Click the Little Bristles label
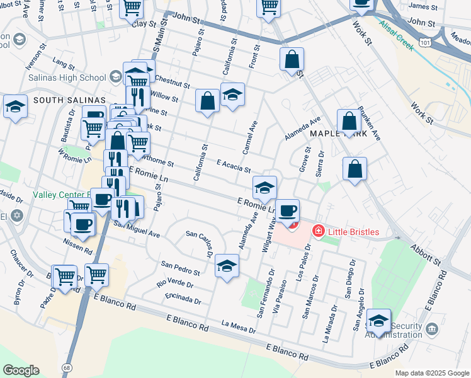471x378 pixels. coord(353,232)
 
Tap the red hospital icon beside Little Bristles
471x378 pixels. coord(318,232)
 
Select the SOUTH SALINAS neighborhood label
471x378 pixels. coord(69,100)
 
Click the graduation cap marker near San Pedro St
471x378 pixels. coord(227,265)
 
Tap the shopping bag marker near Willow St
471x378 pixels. coord(207,101)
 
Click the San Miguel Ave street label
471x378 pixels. coord(136,228)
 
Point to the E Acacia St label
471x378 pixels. coord(234,166)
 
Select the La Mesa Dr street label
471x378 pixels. coord(239,327)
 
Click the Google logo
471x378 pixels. coord(21,370)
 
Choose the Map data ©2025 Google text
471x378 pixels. coord(431,373)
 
